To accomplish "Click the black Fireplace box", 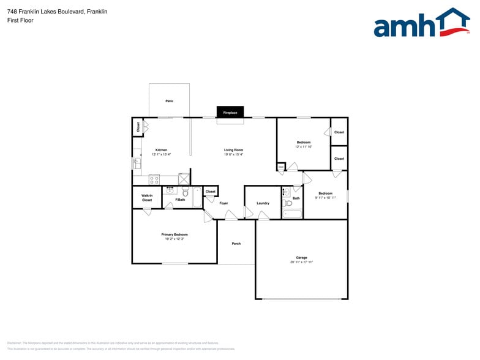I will tap(230, 113).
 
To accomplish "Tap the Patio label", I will tap(169, 101).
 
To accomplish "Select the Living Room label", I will tap(233, 150).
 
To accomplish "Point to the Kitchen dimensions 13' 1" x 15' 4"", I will tap(161, 154).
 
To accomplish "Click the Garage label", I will tap(301, 258).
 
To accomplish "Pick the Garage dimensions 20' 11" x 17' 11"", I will tap(301, 262).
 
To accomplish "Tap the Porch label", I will tap(236, 244).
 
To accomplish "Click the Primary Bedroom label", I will tap(174, 234).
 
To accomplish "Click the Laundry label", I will tap(263, 203).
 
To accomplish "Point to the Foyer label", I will tap(223, 203).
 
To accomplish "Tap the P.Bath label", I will tap(180, 200).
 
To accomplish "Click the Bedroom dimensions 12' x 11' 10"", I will tap(304, 147).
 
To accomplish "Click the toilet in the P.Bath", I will tap(186, 192).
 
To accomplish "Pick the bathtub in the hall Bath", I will tap(292, 214).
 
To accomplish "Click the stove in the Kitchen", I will tap(154, 180).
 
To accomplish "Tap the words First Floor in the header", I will tap(21, 20).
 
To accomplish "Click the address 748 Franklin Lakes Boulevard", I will tap(46, 11).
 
